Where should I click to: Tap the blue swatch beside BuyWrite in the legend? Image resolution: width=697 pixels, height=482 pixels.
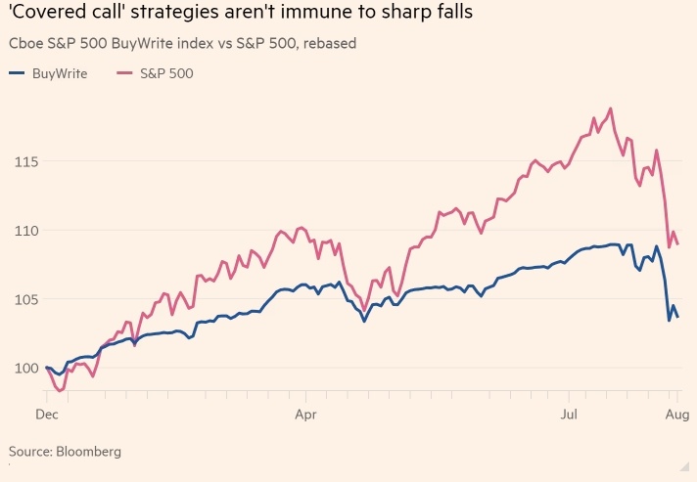click(17, 73)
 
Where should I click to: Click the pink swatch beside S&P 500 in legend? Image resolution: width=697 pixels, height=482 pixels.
click(124, 73)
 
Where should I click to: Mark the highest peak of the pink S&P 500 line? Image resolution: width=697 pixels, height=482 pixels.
click(610, 109)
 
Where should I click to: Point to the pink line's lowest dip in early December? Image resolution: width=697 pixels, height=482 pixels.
click(61, 390)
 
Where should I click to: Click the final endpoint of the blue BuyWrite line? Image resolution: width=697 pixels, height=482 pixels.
click(678, 315)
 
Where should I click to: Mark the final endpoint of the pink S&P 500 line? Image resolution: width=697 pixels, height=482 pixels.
click(678, 243)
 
